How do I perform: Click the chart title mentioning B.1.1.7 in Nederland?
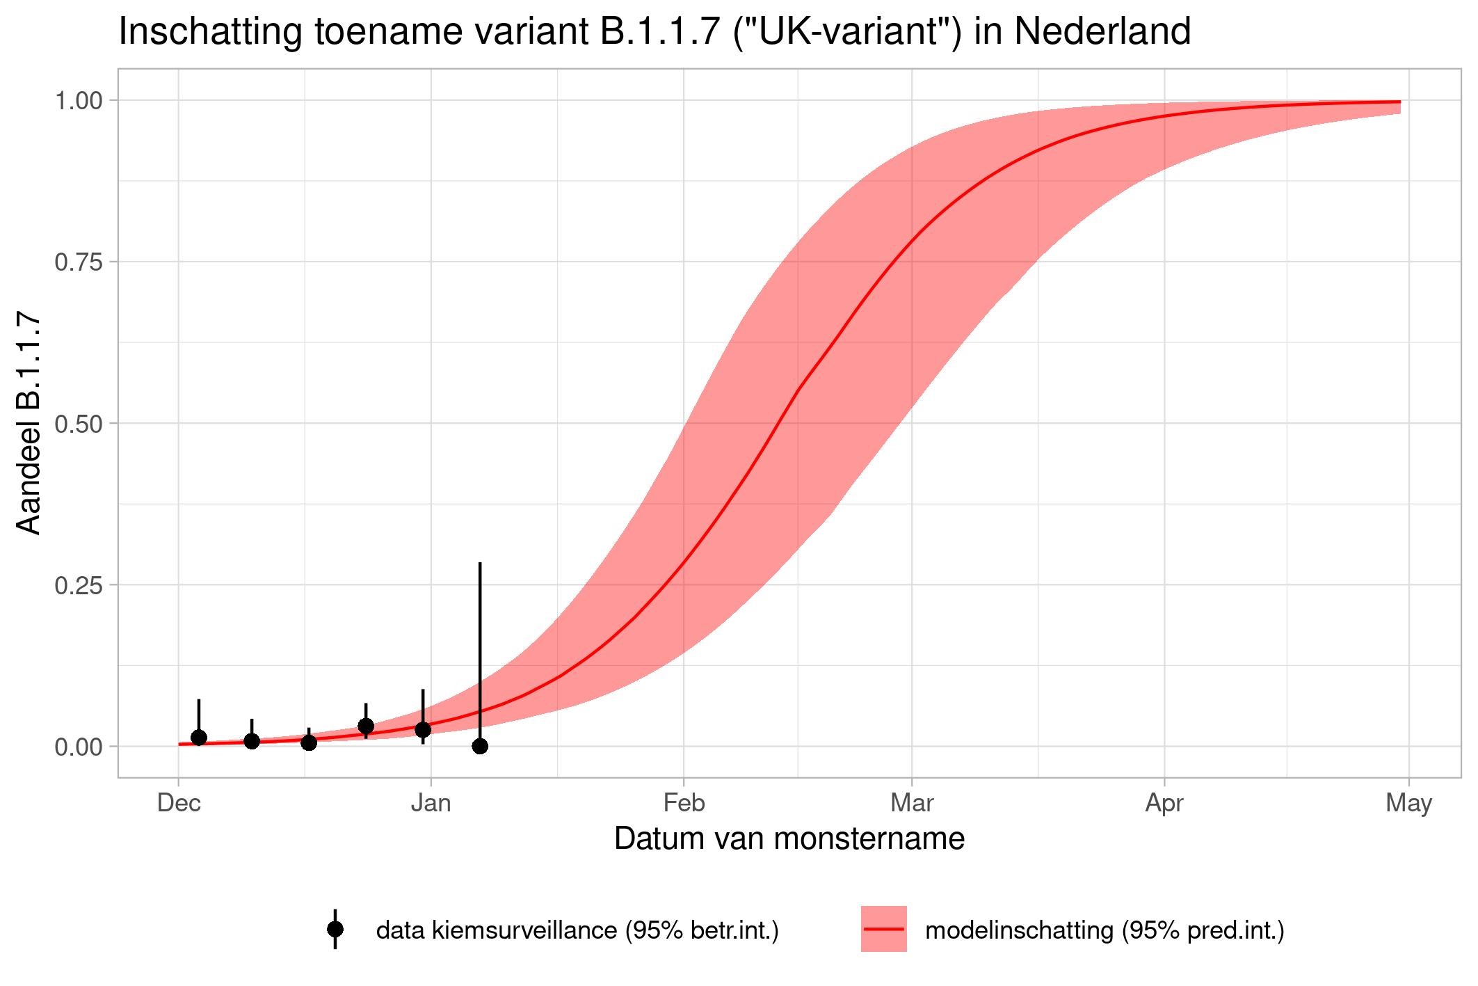click(654, 32)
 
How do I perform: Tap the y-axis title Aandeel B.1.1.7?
click(29, 423)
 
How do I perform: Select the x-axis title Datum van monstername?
click(789, 838)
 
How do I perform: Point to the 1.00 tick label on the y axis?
click(79, 101)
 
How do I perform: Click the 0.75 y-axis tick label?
click(79, 262)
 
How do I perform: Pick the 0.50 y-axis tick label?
click(79, 424)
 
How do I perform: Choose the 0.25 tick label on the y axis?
click(79, 585)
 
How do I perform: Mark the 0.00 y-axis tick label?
click(79, 747)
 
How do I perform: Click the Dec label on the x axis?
click(179, 804)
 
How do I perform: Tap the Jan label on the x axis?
click(431, 804)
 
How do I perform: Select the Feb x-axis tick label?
click(684, 804)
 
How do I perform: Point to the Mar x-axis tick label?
click(912, 804)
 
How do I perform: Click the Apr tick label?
click(1164, 804)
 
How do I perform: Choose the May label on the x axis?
click(1408, 804)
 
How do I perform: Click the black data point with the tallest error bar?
click(480, 746)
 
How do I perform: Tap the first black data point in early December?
click(199, 738)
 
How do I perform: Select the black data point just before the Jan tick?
click(423, 729)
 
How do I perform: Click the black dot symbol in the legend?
click(335, 929)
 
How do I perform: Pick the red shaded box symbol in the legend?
click(883, 929)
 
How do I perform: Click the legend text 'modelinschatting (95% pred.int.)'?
click(1105, 930)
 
